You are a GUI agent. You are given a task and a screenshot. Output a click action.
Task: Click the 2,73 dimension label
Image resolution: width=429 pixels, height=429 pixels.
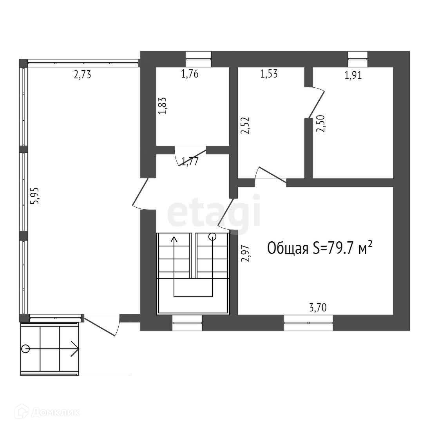(x=82, y=74)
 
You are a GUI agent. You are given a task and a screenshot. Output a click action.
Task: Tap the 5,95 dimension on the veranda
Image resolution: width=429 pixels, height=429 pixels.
(x=36, y=195)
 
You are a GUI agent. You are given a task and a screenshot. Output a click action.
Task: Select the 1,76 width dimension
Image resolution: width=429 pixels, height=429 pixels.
(x=190, y=74)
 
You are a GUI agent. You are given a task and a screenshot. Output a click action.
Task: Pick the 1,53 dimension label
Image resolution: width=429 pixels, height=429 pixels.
(x=269, y=74)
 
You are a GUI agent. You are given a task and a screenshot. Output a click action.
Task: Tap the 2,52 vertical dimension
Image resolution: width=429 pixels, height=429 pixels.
(x=245, y=125)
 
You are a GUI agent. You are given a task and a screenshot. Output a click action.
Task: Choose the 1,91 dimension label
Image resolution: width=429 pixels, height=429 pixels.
(x=353, y=75)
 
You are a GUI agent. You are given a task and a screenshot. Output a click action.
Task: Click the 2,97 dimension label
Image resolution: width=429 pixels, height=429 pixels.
(x=245, y=253)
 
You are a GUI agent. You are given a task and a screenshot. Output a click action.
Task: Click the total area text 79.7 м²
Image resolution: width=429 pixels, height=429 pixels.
(x=319, y=248)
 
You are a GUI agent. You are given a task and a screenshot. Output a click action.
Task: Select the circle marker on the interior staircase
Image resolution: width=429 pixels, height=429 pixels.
(x=212, y=236)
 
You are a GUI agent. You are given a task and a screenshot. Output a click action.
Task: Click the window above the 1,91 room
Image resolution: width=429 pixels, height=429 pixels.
(x=358, y=60)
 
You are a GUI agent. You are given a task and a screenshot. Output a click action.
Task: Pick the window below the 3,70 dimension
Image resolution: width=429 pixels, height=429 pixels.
(x=308, y=323)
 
